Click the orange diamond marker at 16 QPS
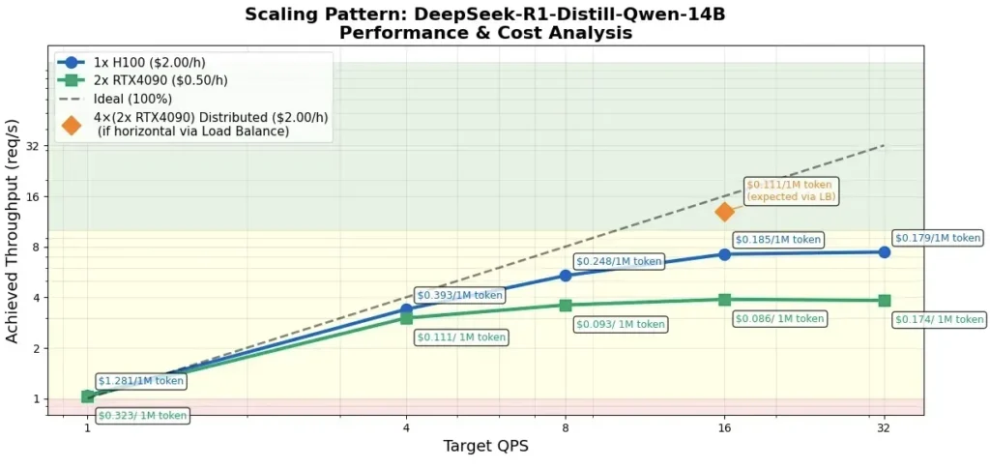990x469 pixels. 724,212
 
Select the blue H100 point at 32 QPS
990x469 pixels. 884,252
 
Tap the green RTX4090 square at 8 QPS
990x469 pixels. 566,306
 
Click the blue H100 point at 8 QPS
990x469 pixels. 566,276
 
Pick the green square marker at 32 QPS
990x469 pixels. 884,301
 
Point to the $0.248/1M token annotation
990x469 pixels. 619,261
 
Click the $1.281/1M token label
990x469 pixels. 140,381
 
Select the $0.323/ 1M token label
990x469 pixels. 142,416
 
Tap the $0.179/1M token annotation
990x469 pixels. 937,238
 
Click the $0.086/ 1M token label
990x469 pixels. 779,318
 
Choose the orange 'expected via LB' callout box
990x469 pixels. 791,191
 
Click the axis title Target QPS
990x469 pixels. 485,446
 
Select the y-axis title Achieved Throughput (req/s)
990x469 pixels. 13,232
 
